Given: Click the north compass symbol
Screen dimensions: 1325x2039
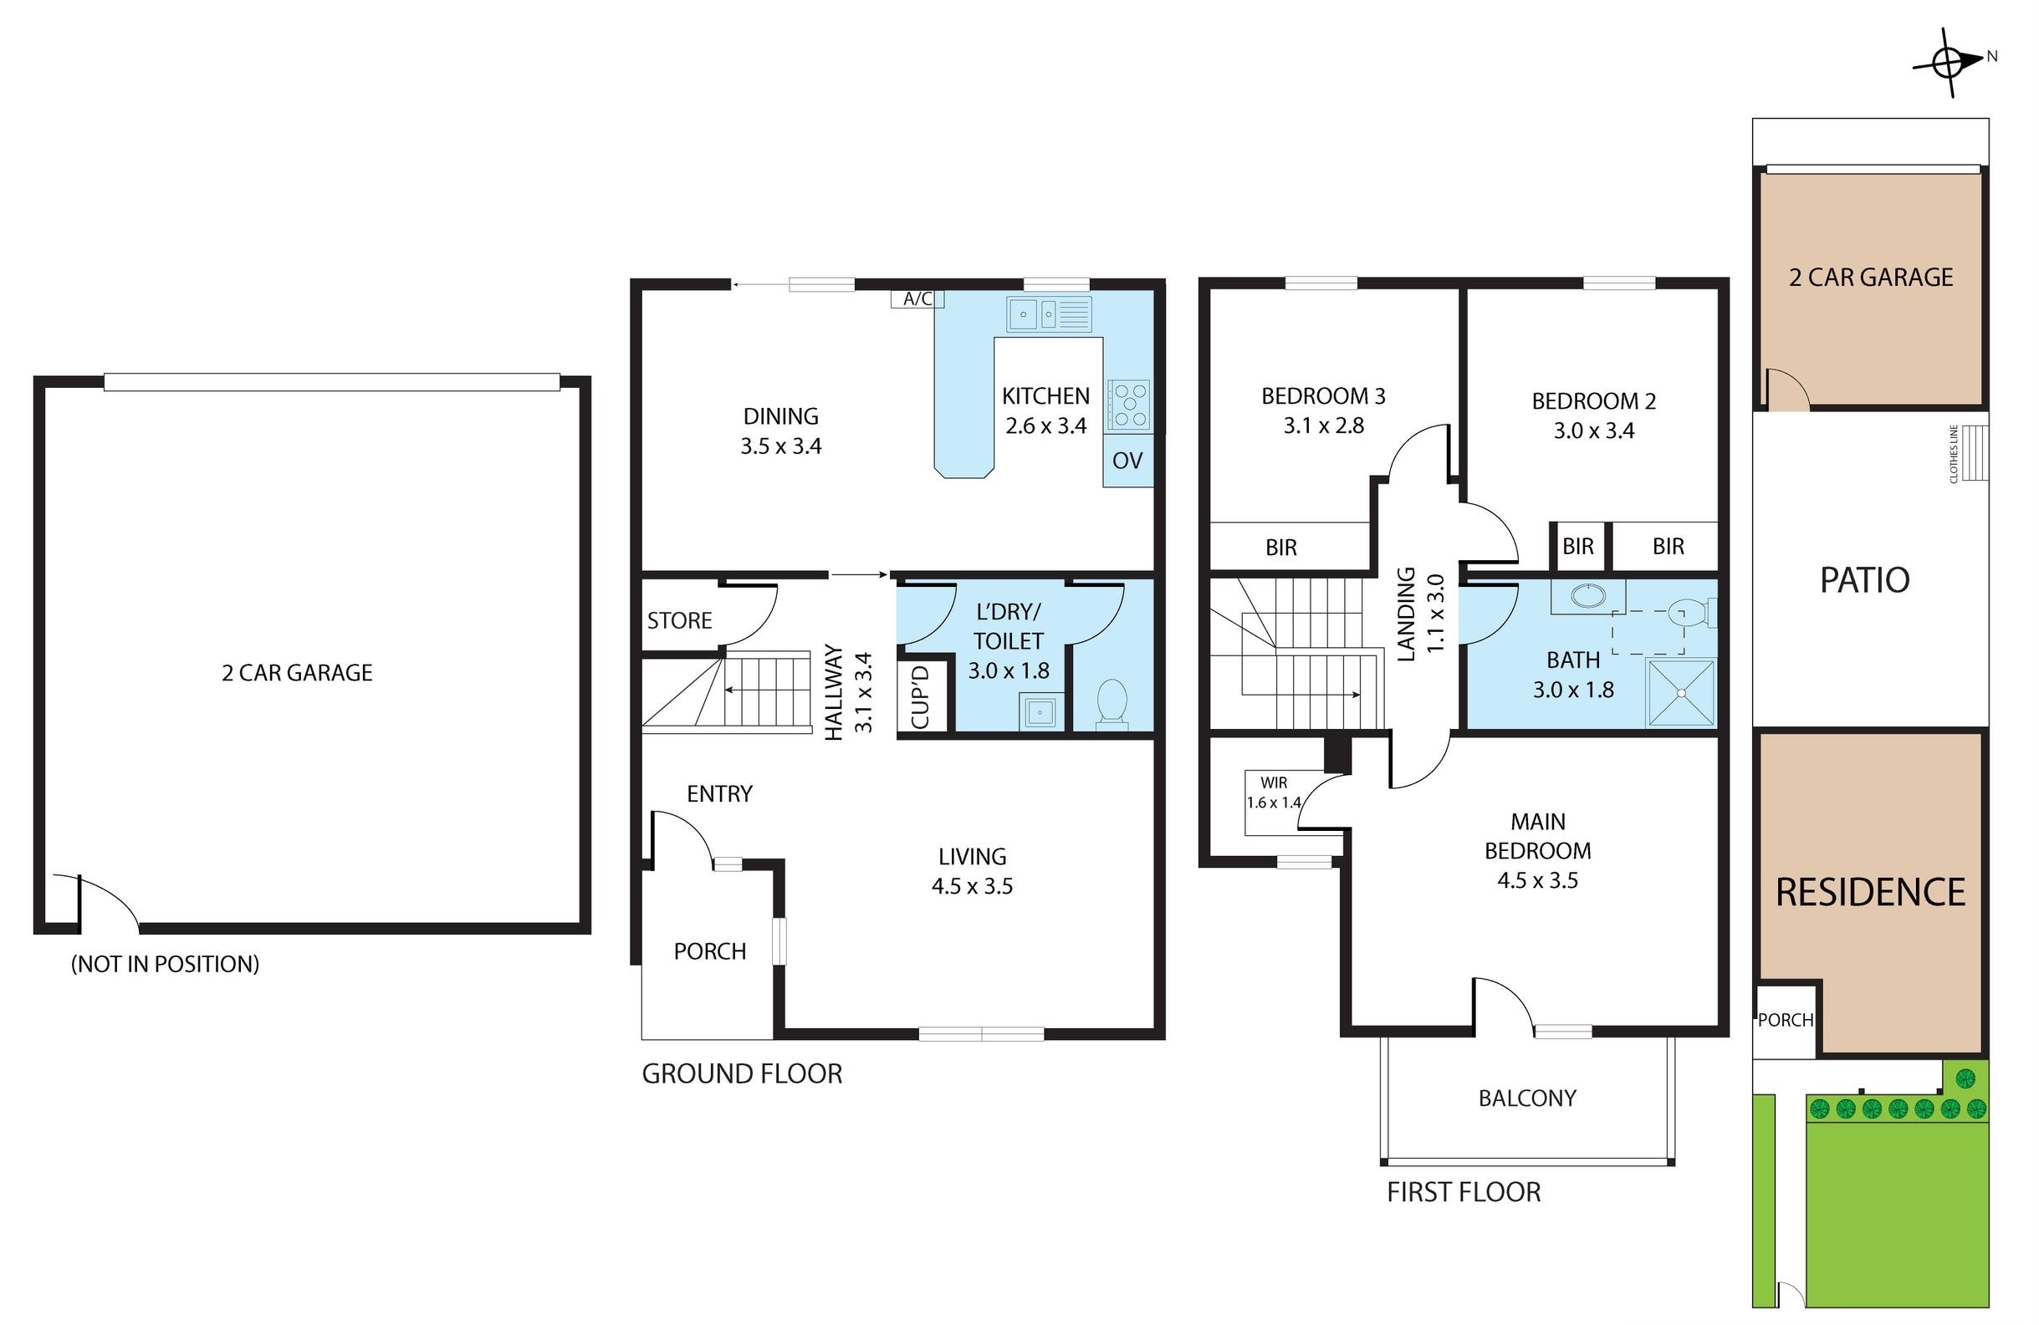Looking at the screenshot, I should tap(1948, 63).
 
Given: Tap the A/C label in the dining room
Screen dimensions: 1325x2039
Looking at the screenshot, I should tap(917, 299).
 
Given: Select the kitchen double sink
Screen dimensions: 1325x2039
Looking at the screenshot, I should tap(1049, 314).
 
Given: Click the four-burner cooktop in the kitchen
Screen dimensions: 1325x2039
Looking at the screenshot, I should tap(1128, 405).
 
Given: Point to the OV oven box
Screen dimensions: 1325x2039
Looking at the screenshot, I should tap(1127, 461).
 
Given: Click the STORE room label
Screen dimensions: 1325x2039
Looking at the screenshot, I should tap(679, 621).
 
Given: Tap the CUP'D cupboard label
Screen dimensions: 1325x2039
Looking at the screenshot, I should tap(920, 697).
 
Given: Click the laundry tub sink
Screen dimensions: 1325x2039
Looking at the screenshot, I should tap(1041, 711).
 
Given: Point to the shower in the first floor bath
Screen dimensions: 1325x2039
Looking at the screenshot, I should tap(1681, 693).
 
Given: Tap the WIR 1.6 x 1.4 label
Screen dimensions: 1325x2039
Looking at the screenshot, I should tap(1274, 793).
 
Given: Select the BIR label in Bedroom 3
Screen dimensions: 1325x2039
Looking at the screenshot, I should tap(1280, 548).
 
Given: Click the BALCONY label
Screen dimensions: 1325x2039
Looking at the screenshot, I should tap(1526, 1098).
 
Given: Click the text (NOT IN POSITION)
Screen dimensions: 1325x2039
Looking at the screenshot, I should tap(165, 965).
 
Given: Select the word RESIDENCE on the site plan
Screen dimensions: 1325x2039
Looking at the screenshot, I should tap(1870, 893).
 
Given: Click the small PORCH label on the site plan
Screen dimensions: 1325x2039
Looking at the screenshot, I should tap(1786, 1020).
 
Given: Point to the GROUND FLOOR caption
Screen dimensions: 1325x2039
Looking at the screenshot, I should tap(742, 1074).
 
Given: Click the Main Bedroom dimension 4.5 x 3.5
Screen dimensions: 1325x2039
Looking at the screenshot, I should tap(1537, 880).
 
